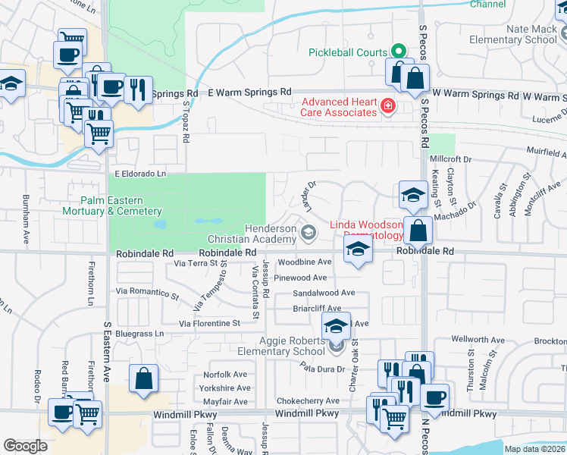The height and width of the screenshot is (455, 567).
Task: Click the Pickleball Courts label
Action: pos(347,52)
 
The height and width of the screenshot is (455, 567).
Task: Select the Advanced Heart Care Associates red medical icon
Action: pos(388,105)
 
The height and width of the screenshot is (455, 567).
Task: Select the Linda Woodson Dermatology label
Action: pos(366,231)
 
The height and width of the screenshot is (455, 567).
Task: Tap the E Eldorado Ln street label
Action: pos(140,174)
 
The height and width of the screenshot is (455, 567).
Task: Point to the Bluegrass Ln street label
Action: pos(139,333)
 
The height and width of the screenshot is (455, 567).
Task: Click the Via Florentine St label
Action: pos(209,323)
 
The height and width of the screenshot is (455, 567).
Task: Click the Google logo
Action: pos(25,445)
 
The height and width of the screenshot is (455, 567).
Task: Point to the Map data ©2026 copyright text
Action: pos(535,449)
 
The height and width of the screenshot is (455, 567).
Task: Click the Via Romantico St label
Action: pos(147,290)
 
